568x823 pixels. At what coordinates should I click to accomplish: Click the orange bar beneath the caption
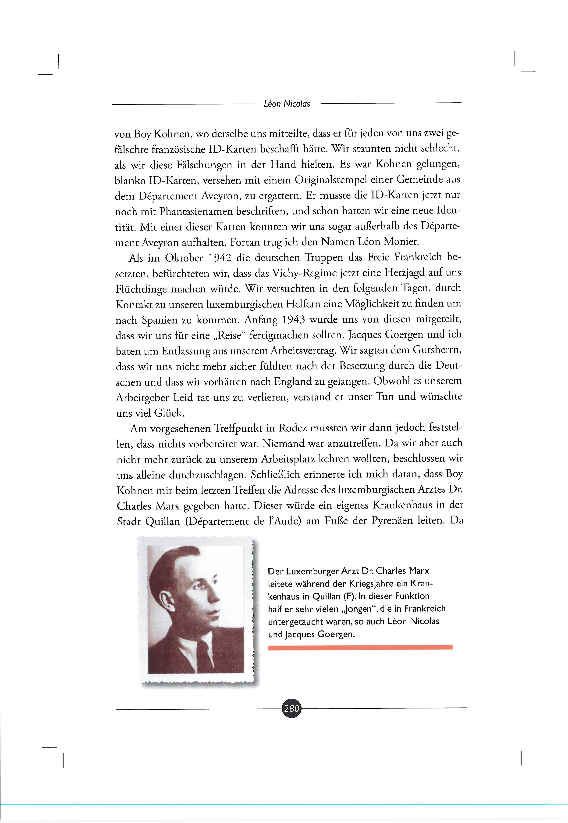360,647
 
